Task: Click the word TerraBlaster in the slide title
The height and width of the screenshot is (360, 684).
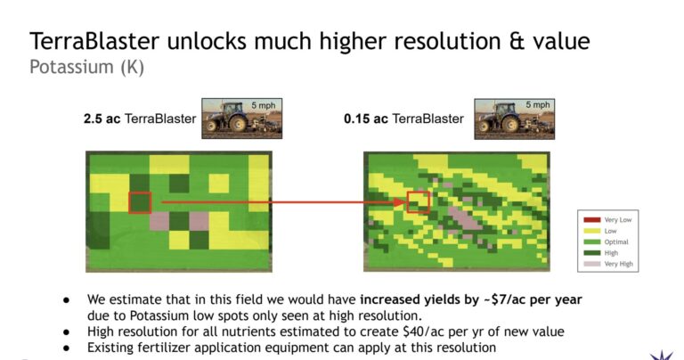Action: click(x=94, y=41)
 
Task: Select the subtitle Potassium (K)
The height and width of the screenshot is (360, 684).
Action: click(x=86, y=68)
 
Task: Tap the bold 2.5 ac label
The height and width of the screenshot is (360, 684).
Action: click(x=102, y=119)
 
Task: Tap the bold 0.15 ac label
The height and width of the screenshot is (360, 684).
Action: click(x=365, y=119)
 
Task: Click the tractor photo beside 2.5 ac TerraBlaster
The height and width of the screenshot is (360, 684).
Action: click(x=241, y=119)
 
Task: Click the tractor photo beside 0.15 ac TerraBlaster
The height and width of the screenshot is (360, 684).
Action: click(x=514, y=119)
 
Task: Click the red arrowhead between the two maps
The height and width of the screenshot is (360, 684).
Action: click(x=400, y=202)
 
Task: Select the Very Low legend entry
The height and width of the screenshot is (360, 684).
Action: click(x=607, y=220)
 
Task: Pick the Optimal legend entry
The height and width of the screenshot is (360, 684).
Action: click(x=606, y=241)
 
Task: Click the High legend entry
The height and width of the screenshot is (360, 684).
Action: click(x=600, y=253)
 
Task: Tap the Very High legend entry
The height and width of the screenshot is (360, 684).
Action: click(x=608, y=264)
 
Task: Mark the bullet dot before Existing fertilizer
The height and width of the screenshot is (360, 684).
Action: click(x=66, y=348)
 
